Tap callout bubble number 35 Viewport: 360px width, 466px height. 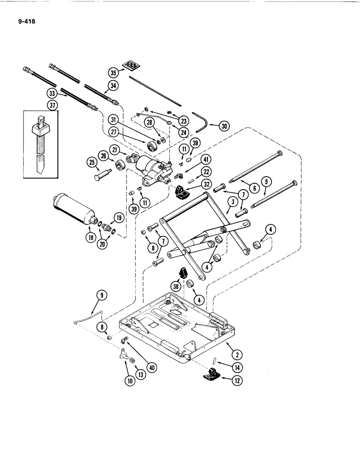coord(113,72)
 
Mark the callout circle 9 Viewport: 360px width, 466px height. coord(102,295)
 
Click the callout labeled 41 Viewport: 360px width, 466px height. coord(205,159)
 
